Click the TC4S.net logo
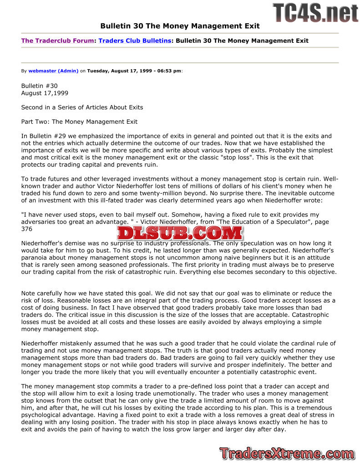(x=315, y=12)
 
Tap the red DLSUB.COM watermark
(x=180, y=233)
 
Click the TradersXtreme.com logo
(x=287, y=453)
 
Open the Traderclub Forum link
(x=57, y=41)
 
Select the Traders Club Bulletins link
(x=135, y=41)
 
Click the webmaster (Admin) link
(x=53, y=71)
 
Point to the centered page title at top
(x=180, y=26)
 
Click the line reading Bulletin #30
(x=40, y=86)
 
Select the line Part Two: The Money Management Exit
(x=79, y=122)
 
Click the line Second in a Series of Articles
(x=82, y=107)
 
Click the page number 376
(x=27, y=229)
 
